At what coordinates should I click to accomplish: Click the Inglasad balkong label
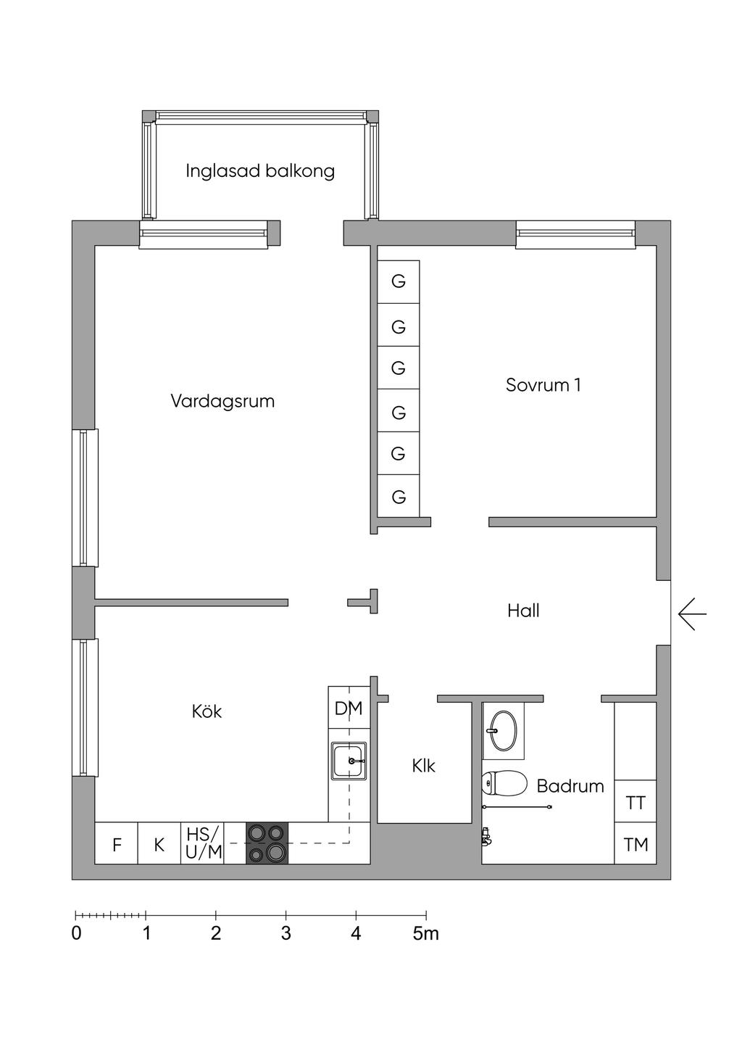pos(259,171)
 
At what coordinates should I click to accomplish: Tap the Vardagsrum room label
pos(222,401)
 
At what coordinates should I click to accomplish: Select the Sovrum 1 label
pos(543,385)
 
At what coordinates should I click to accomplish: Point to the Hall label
pos(523,611)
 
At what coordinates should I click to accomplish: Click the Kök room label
pos(207,711)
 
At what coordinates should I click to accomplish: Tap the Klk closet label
pos(423,766)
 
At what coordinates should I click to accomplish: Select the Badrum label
pos(570,786)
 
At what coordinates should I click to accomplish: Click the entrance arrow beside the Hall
pos(692,614)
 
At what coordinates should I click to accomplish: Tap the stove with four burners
pos(267,843)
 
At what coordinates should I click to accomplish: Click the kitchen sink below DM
pos(349,761)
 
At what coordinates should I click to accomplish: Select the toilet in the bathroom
pos(504,783)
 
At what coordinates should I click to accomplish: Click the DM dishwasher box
pos(349,708)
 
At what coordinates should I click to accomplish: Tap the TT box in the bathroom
pos(635,802)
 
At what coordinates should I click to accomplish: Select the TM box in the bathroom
pos(635,844)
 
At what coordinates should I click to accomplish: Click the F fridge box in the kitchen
pos(117,845)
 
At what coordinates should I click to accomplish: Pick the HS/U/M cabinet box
pos(203,843)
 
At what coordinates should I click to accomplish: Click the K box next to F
pos(159,845)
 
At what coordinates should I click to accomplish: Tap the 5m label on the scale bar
pos(426,933)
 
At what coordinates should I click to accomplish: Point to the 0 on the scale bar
pos(77,933)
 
